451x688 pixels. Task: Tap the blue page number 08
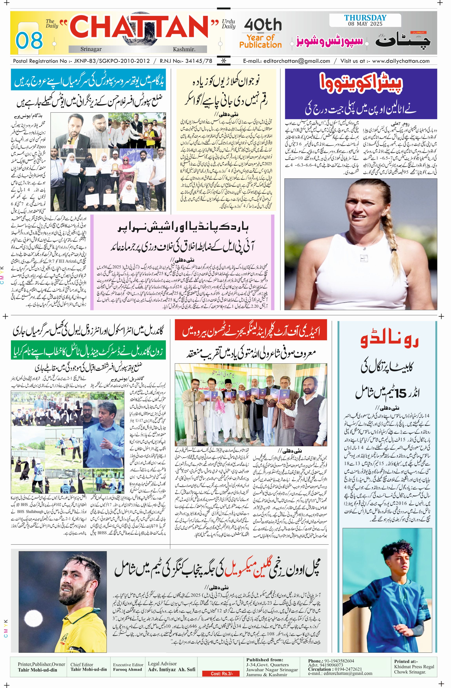click(x=29, y=40)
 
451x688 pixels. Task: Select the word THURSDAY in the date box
click(x=365, y=17)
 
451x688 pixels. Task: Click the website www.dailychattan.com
click(x=401, y=61)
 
